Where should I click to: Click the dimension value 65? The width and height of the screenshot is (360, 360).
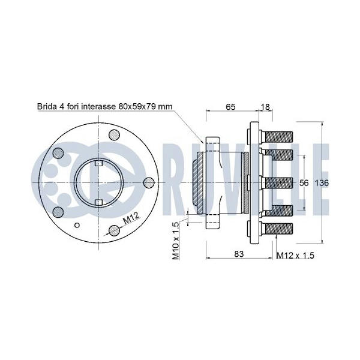coord(230,107)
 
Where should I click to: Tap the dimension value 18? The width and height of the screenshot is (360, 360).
coord(265,107)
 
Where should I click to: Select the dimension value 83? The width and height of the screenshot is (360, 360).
coord(239,254)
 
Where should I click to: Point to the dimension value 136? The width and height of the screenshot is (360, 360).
coord(322,183)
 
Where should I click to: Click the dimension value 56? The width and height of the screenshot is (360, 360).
coord(304,183)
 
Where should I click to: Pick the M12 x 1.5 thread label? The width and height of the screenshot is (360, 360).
coord(295,256)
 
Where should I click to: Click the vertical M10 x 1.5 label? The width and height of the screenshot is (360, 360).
coord(176,241)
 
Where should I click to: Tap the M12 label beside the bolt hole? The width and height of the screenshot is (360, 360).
coord(131,218)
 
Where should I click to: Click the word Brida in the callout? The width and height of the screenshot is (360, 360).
coord(46,107)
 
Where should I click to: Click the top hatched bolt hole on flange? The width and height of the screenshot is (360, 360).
coord(114,135)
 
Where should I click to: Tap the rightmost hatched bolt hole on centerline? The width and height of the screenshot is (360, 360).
coord(149,183)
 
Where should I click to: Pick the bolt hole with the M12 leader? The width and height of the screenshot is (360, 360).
coord(114,230)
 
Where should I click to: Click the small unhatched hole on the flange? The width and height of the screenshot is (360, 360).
coord(77,225)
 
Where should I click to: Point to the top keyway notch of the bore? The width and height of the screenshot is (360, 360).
coord(99,163)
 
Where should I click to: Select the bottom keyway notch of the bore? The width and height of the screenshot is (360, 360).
coord(99,202)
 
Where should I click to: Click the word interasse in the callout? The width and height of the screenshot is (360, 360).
coord(100,107)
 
